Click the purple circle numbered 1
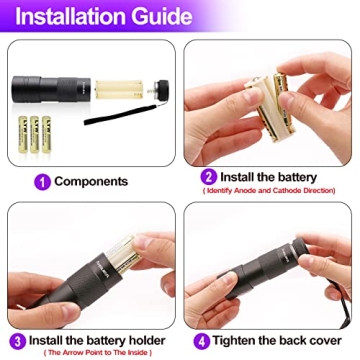(42, 181)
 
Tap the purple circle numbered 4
(201, 338)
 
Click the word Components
(91, 181)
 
